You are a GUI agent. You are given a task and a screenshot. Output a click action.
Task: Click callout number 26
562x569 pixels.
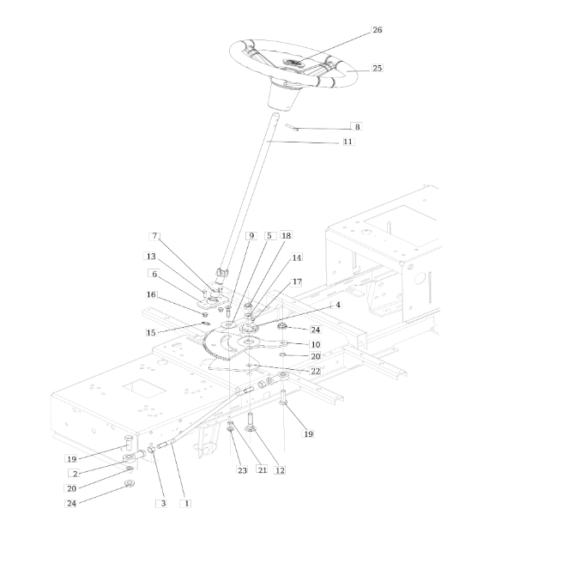[x=377, y=30]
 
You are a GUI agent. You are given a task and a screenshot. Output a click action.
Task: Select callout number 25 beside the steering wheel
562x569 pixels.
[x=377, y=68]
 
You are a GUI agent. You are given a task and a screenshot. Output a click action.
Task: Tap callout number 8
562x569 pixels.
[x=358, y=127]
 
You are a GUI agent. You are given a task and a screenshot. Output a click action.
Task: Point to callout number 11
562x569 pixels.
[x=347, y=142]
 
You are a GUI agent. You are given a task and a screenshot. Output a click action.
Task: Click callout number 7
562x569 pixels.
[x=155, y=236]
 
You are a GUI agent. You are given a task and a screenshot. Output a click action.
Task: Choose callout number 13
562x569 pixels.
[x=151, y=257]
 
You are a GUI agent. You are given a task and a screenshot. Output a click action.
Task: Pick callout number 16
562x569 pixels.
[x=151, y=294]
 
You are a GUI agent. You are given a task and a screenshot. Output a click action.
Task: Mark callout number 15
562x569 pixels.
[x=151, y=332]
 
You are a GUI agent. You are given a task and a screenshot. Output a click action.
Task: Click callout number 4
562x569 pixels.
[x=338, y=305]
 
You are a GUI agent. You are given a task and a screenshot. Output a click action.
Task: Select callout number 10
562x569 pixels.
[x=316, y=344]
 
